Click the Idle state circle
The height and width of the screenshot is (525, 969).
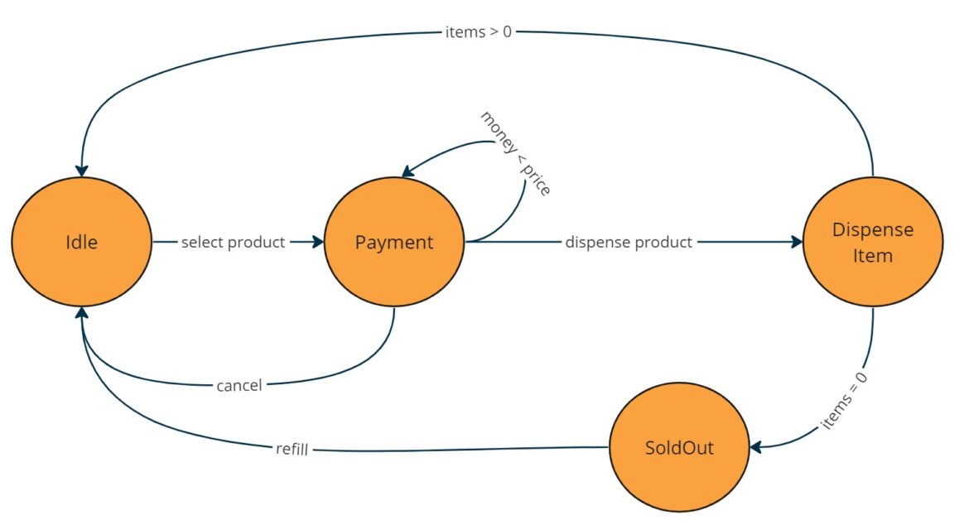81,243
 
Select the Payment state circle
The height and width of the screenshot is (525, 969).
393,243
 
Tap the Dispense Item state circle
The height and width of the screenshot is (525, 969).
873,243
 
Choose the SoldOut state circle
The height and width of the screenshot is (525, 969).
679,448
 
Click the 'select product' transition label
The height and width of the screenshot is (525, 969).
233,243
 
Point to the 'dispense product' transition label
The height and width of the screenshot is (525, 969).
629,243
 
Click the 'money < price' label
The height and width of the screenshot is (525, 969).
515,152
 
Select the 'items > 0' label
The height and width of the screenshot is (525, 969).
478,32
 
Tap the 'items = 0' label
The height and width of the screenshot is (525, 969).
844,401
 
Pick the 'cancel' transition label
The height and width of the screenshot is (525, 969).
239,385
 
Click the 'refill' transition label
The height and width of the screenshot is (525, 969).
292,450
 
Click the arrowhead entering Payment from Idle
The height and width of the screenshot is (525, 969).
319,243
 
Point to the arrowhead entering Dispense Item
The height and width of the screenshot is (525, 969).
798,243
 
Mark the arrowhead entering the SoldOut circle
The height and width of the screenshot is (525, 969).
756,447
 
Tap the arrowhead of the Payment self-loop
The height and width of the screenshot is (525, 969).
407,171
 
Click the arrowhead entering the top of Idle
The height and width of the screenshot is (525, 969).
81,170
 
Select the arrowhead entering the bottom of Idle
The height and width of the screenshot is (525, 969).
81,313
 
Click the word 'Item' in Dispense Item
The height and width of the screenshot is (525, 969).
873,256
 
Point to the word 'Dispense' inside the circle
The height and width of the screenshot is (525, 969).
873,229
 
